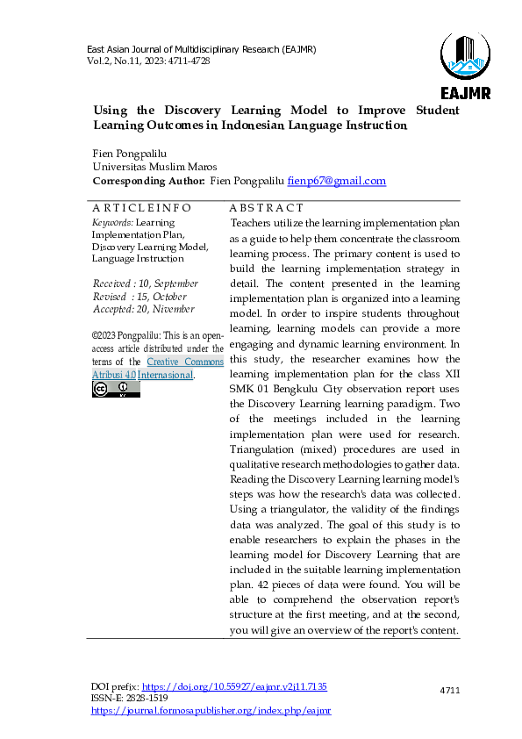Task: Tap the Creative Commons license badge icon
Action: (x=116, y=389)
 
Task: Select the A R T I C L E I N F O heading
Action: (x=141, y=208)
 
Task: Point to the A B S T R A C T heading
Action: (x=267, y=208)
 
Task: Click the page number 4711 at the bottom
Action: (x=449, y=692)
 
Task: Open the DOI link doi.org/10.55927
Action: (x=234, y=685)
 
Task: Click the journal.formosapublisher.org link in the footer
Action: (x=211, y=710)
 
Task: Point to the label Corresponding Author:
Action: (x=148, y=181)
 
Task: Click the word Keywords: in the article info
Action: (x=112, y=223)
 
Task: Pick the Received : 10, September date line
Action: (x=145, y=284)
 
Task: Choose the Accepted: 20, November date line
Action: (x=143, y=309)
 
